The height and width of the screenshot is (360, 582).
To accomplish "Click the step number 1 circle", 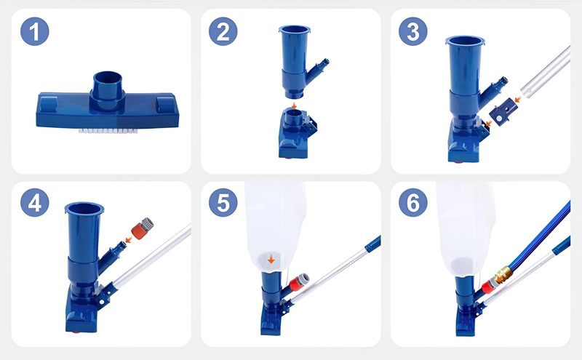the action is tap(34, 31).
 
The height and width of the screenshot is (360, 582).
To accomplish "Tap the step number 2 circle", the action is tap(223, 31).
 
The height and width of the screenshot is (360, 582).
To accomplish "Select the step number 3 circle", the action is tap(413, 31).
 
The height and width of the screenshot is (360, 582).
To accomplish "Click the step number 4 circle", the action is tap(34, 203).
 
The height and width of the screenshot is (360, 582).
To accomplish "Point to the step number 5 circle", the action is tap(223, 203).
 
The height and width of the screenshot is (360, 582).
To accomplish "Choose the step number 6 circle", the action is tap(413, 203).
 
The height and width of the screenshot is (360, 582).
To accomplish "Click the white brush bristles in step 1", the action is tap(108, 131).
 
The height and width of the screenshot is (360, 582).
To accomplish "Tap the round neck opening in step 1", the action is tap(108, 79).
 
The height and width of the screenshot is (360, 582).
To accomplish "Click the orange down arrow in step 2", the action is tap(295, 105).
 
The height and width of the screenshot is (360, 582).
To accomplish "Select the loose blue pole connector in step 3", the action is tap(503, 111).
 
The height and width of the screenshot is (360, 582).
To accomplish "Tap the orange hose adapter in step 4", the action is tap(143, 228).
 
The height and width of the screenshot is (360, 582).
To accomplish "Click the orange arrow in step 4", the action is tap(129, 240).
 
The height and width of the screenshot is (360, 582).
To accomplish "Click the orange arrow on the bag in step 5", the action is tap(271, 259).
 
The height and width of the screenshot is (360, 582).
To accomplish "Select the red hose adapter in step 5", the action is tap(299, 282).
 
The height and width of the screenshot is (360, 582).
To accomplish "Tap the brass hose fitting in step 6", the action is tap(503, 274).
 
